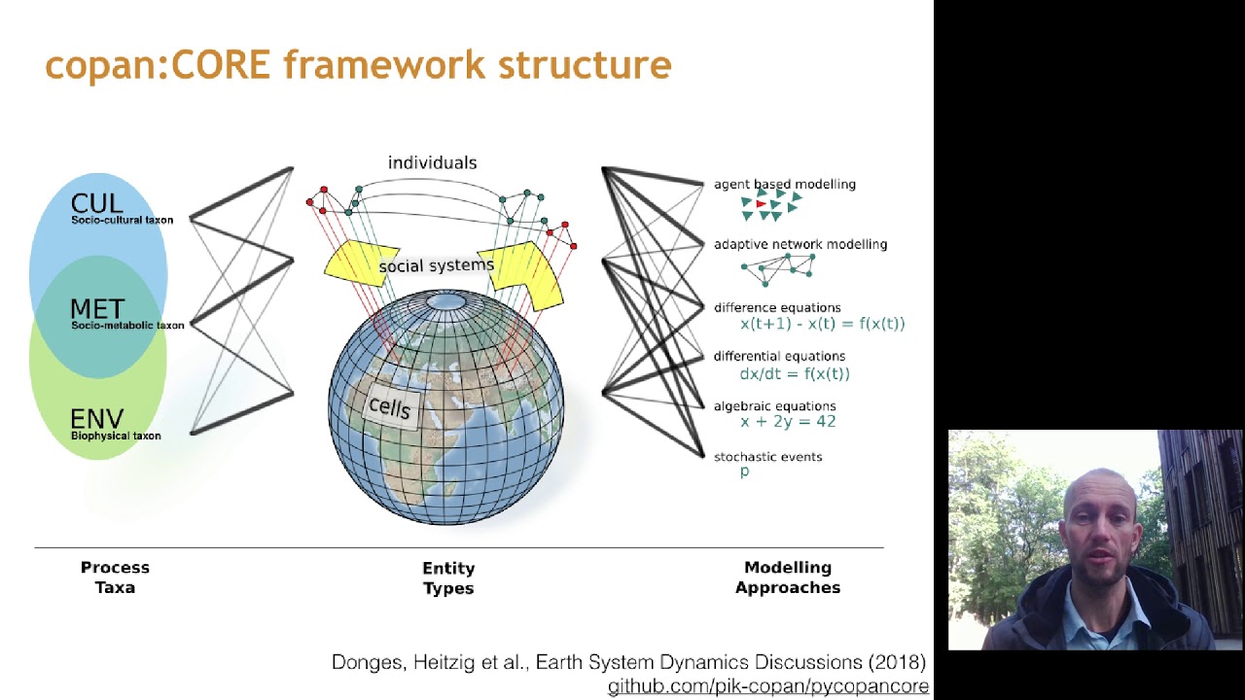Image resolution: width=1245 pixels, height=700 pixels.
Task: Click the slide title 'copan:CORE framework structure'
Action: (x=358, y=64)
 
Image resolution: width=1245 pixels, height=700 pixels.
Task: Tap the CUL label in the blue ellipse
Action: (x=96, y=203)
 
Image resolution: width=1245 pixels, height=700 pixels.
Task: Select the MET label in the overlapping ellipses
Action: (x=96, y=308)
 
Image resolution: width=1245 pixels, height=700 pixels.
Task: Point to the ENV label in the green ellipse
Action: (x=96, y=419)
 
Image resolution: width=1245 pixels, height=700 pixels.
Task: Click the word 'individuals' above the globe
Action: (x=432, y=162)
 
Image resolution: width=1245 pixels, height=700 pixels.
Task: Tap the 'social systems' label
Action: (x=436, y=265)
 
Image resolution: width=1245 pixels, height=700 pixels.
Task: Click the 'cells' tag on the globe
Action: (x=390, y=407)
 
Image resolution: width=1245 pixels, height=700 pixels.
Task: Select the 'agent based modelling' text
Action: (x=784, y=184)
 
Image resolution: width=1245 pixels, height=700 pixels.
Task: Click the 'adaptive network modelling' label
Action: (x=800, y=244)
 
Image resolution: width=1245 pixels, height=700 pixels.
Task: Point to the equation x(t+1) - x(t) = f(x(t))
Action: (x=822, y=324)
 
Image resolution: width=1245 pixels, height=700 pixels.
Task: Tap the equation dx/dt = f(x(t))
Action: (x=794, y=373)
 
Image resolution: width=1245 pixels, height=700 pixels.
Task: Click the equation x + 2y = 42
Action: (x=787, y=421)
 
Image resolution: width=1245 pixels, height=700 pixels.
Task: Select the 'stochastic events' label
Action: (x=767, y=456)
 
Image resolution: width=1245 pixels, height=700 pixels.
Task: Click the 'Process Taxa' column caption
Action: (x=115, y=577)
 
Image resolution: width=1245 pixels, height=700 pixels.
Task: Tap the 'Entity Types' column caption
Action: (x=448, y=577)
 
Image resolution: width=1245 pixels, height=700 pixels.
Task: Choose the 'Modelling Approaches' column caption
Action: (x=787, y=577)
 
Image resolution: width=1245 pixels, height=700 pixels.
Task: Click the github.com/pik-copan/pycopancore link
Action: (x=767, y=686)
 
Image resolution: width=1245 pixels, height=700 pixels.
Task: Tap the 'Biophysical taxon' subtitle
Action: (x=116, y=436)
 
